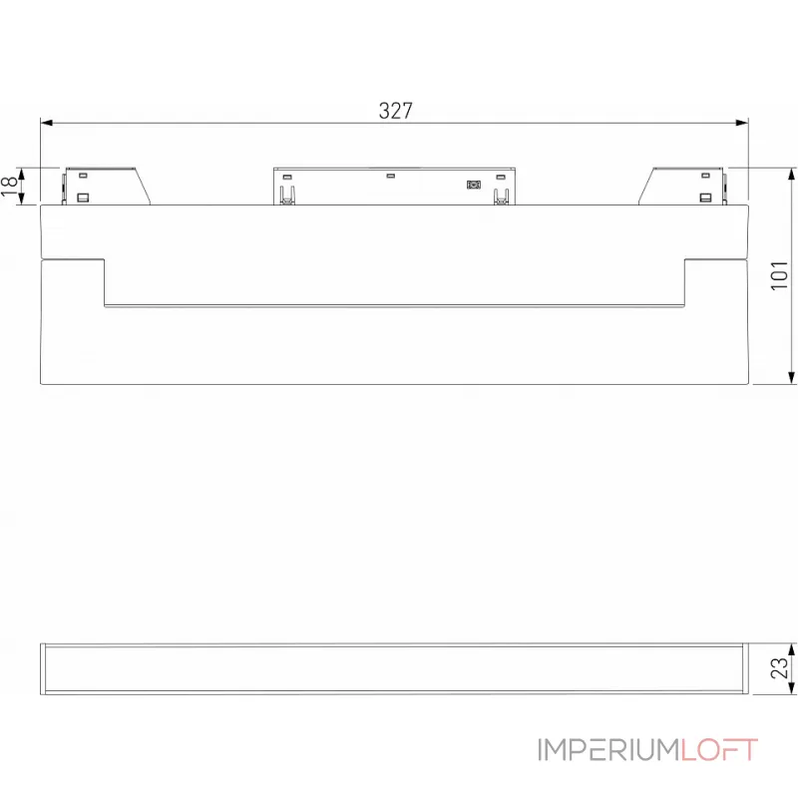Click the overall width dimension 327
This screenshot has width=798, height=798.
(395, 111)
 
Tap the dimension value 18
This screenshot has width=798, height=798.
(10, 185)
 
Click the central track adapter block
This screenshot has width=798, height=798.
(395, 186)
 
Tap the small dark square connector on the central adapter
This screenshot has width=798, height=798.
(474, 184)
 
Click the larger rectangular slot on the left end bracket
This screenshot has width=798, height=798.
(84, 197)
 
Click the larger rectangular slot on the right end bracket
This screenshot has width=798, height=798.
(707, 197)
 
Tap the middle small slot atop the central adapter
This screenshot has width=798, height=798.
(392, 177)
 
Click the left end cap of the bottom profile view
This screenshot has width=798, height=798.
(44, 668)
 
